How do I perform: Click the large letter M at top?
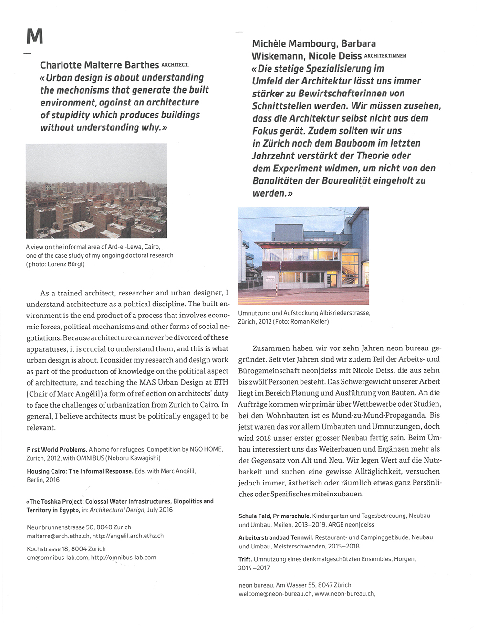tap(35, 36)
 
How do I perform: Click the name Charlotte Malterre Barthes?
tap(99, 65)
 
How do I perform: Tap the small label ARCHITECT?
tap(175, 65)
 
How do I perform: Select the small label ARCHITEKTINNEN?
tap(385, 56)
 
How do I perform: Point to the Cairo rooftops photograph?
tap(96, 190)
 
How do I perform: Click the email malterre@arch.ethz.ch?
tap(58, 536)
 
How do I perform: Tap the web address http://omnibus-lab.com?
tap(124, 557)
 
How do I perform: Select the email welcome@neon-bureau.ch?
tap(275, 594)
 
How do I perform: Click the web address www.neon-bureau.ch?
tap(345, 594)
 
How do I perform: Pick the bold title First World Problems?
tap(57, 449)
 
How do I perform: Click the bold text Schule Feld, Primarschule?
tap(274, 516)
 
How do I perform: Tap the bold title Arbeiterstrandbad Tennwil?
tap(276, 537)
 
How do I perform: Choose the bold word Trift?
tap(245, 559)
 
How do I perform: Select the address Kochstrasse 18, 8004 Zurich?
tap(66, 548)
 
